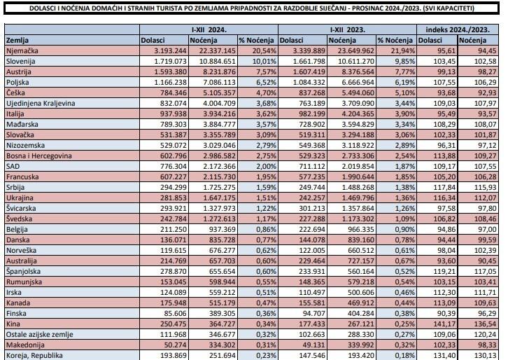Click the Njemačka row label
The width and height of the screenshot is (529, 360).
tap(22, 51)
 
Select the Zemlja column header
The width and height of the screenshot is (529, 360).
tap(17, 41)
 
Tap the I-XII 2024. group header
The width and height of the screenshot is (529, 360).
tap(209, 29)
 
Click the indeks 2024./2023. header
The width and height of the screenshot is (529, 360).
tap(458, 29)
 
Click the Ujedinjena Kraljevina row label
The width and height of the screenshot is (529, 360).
tap(41, 104)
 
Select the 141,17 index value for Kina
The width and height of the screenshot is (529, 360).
tap(444, 324)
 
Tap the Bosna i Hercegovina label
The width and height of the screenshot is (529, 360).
tap(38, 156)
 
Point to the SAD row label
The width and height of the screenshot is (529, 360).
tap(13, 167)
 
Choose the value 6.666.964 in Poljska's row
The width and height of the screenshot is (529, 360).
tap(358, 83)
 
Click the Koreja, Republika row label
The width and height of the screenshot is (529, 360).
tap(34, 356)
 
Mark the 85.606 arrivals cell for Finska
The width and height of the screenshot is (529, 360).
tap(176, 313)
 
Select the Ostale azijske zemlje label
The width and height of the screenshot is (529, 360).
tap(39, 334)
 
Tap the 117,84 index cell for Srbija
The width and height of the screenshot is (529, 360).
tap(444, 188)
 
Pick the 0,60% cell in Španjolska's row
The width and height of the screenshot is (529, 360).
tap(266, 272)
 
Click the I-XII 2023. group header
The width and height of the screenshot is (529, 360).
tap(348, 29)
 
